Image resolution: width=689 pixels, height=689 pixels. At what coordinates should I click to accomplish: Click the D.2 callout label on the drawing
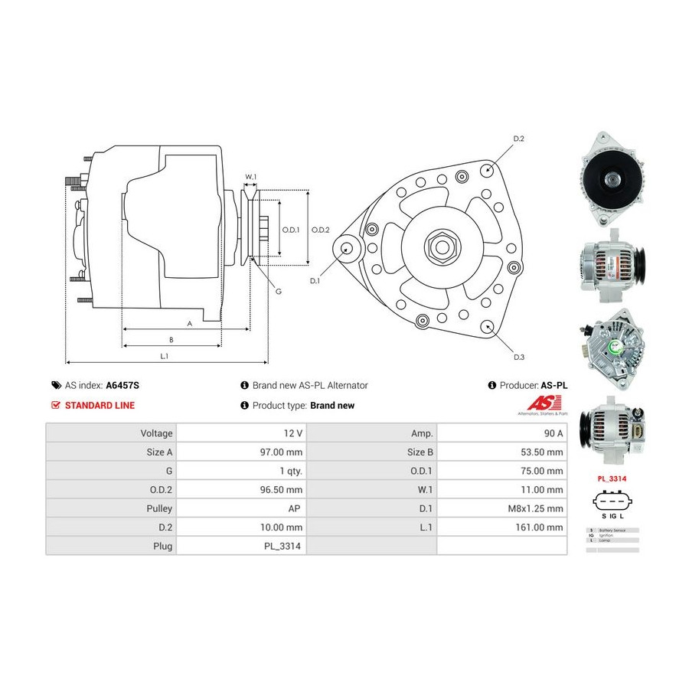click(x=518, y=139)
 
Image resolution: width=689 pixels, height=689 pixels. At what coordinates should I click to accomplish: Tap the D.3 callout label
click(x=518, y=358)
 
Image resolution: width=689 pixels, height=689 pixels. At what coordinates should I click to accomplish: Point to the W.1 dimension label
click(x=250, y=177)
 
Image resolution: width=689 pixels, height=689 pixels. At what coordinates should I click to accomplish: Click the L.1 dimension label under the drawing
click(x=164, y=355)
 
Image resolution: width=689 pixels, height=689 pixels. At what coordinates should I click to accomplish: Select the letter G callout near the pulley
click(x=278, y=291)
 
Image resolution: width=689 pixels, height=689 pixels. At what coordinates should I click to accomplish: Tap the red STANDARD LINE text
click(x=100, y=406)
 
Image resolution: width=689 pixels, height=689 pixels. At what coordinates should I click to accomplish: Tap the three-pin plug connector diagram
click(x=614, y=505)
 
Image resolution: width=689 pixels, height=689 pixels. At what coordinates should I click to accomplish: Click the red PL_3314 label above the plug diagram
click(x=613, y=479)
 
